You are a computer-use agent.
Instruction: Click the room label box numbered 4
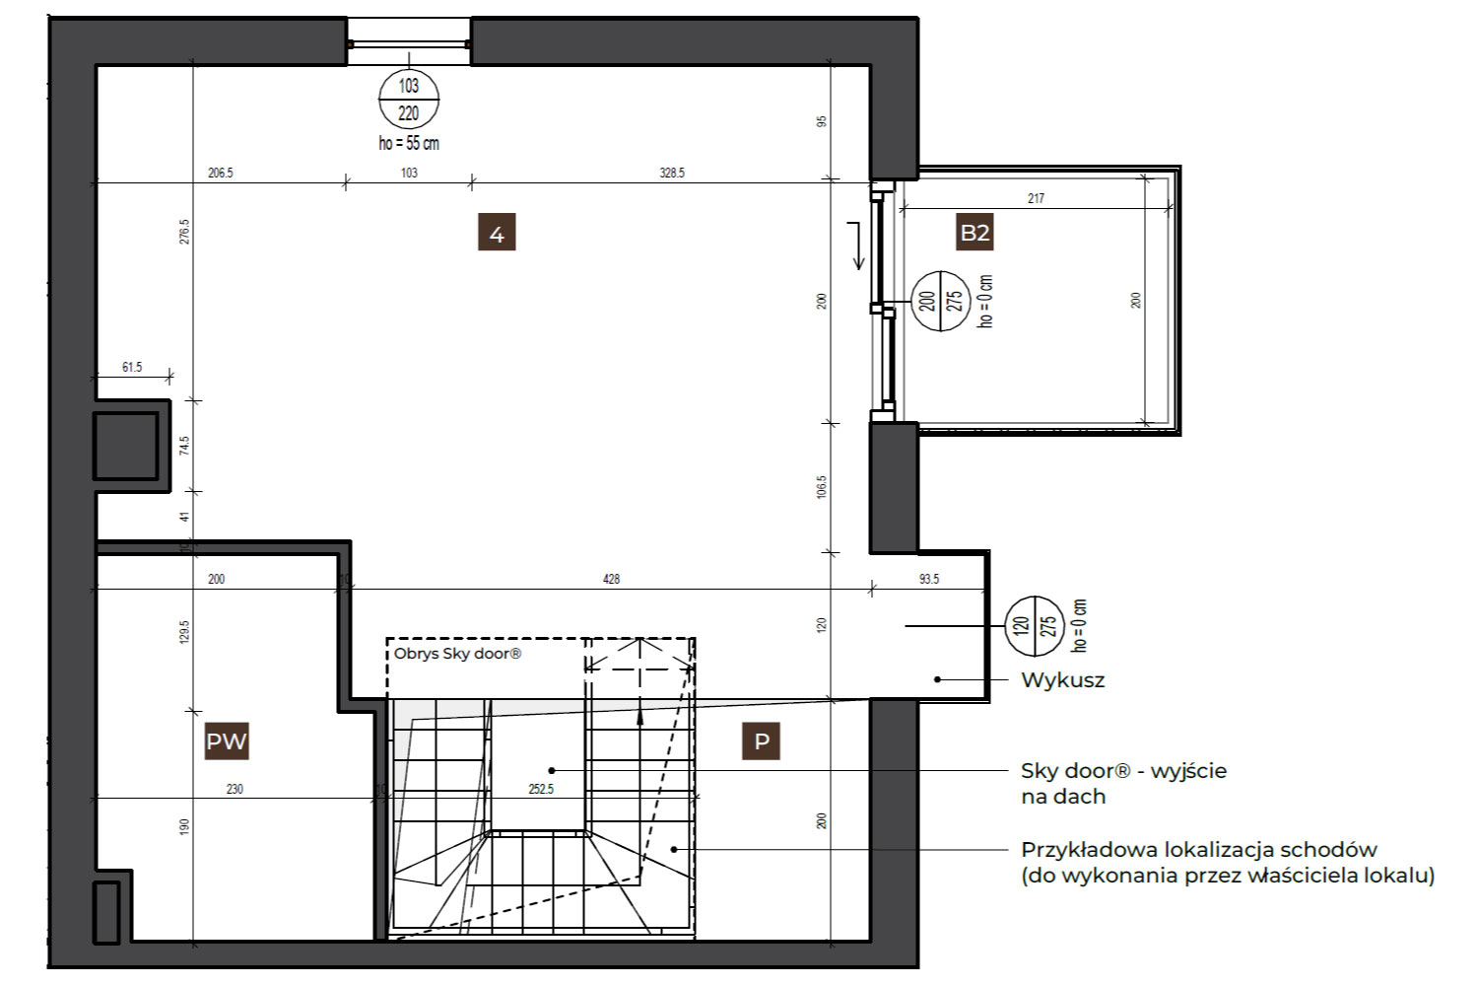click(497, 232)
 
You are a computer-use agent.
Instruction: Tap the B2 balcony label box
click(974, 232)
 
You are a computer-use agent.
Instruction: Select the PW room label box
click(227, 741)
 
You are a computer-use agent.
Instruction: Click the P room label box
click(762, 741)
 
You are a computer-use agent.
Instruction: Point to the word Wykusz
click(1062, 680)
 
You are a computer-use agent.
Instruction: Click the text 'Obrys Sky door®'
click(457, 654)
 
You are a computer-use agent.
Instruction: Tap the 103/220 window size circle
click(409, 100)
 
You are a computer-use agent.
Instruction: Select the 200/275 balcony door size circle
click(941, 301)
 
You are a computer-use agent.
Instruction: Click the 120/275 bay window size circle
click(1035, 626)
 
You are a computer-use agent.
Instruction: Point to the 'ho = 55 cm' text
click(409, 143)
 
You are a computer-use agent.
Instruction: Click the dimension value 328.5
click(672, 173)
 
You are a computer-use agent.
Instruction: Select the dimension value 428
click(611, 579)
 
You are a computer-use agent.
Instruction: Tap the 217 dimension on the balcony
click(1036, 198)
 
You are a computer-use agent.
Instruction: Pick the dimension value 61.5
click(132, 367)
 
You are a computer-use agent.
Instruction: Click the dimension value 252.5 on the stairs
click(540, 789)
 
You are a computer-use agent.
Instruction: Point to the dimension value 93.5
click(928, 579)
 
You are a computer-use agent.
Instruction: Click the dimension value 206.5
click(221, 173)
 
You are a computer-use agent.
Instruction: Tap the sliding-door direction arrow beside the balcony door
click(857, 246)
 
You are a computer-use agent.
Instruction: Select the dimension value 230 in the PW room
click(235, 789)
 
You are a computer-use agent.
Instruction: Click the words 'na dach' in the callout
click(1063, 797)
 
